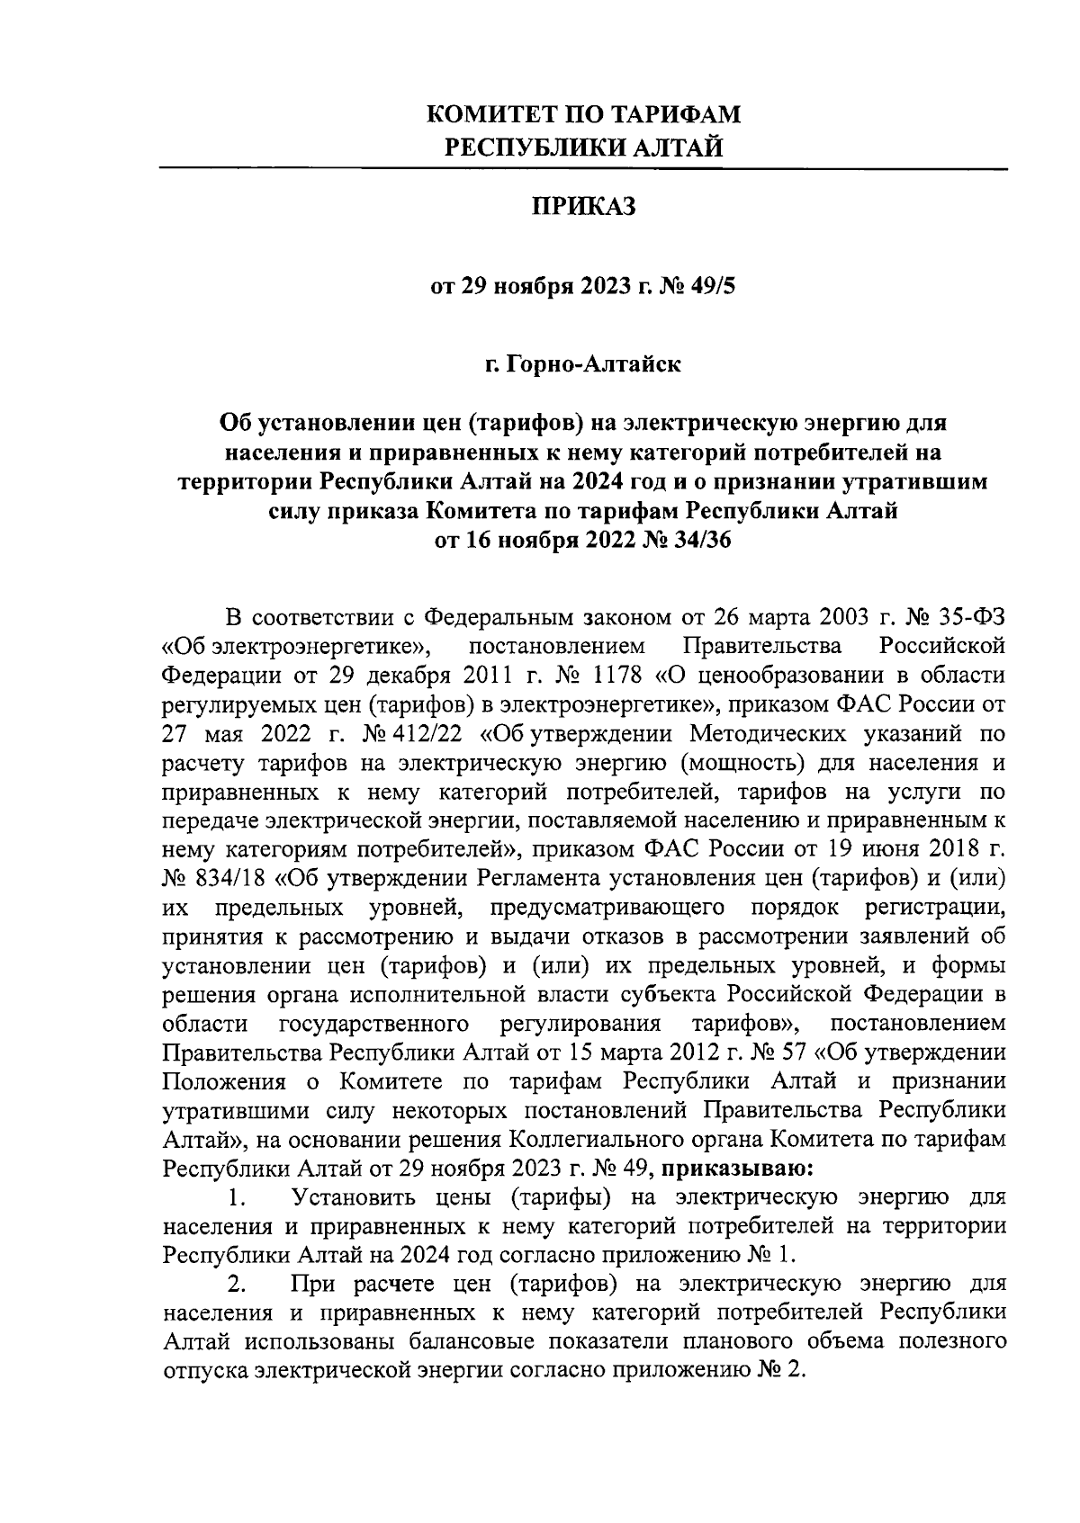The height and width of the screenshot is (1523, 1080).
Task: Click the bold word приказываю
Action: click(x=738, y=1169)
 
